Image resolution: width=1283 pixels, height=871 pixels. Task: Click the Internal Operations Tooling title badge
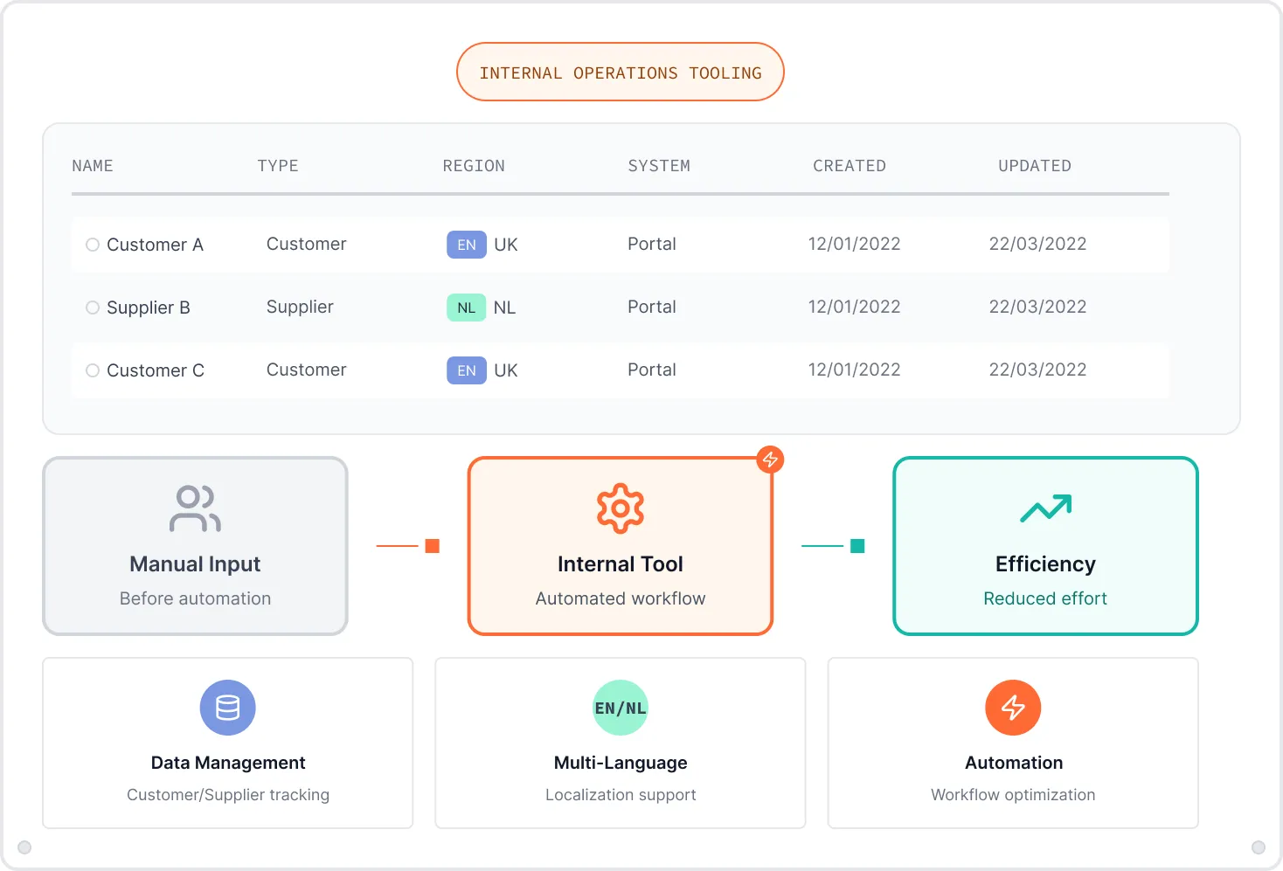[620, 73]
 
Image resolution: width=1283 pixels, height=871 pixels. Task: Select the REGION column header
[474, 166]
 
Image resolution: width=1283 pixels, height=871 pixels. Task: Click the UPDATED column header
[1034, 166]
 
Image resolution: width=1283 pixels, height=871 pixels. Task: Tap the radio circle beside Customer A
[93, 245]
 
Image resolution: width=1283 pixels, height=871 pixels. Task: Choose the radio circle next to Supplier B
[93, 308]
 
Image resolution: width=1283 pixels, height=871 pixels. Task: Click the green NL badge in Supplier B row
[466, 308]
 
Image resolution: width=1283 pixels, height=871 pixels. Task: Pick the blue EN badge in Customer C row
[466, 370]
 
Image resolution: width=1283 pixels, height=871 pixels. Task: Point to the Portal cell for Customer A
[651, 245]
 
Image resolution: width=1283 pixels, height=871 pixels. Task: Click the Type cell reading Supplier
[300, 308]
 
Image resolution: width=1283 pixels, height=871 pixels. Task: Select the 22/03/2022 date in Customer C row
[1037, 370]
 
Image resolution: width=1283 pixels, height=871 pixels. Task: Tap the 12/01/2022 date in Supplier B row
[854, 308]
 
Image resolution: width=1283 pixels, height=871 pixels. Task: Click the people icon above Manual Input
[195, 508]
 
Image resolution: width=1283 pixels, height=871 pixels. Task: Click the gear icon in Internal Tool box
[620, 508]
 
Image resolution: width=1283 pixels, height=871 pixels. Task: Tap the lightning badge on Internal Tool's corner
[770, 460]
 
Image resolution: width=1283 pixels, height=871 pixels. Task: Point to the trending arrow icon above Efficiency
[1045, 508]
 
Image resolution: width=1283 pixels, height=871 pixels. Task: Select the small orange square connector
[432, 546]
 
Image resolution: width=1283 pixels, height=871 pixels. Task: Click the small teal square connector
[857, 546]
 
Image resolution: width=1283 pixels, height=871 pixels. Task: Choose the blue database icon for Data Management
[227, 708]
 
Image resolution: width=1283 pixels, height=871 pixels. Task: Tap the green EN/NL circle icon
[621, 708]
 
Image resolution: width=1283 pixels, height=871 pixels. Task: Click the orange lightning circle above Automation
[1013, 708]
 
